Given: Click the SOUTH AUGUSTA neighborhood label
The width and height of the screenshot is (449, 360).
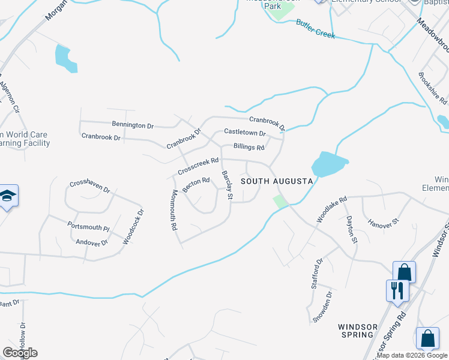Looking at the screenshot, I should (x=277, y=181).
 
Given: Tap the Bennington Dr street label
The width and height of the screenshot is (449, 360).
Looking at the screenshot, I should (x=133, y=125).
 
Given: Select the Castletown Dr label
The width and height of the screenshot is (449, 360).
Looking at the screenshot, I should (x=244, y=132).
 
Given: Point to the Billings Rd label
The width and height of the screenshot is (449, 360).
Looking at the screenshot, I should (x=249, y=147).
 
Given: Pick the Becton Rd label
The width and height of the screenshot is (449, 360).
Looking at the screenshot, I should (x=196, y=184).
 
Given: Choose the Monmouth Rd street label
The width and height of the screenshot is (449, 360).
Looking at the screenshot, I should (x=174, y=211).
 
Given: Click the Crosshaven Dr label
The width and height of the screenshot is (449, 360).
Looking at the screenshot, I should (x=90, y=187).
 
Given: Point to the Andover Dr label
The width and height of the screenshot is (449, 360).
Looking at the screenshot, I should (x=92, y=242).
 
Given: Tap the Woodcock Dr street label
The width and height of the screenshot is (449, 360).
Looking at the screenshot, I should (x=133, y=226).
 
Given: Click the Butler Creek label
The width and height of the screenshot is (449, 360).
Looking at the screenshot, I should (x=315, y=29).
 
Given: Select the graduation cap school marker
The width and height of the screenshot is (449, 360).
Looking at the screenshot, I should (x=8, y=196).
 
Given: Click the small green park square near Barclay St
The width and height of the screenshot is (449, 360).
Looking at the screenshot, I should (x=280, y=202).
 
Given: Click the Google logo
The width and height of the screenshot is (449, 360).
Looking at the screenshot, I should (x=20, y=353).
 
